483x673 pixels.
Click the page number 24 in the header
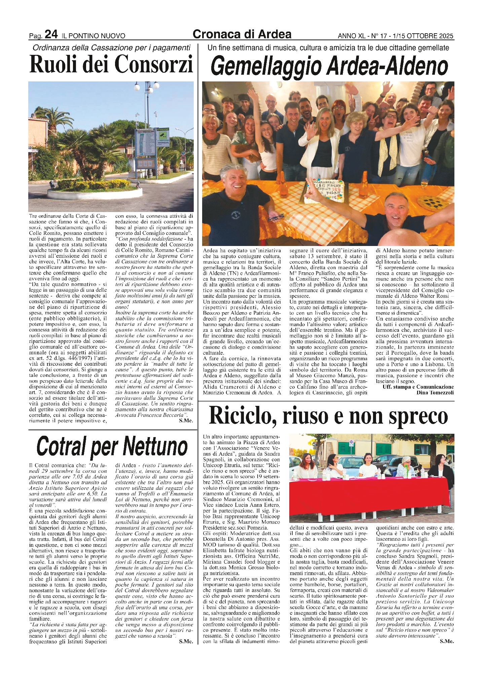coord(51,34)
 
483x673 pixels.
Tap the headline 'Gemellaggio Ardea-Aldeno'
coord(330,66)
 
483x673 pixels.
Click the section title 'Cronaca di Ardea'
coord(242,34)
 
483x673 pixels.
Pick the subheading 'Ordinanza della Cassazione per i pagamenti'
coord(111,48)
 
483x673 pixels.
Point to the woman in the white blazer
coord(319,145)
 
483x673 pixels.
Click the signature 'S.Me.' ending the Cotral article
coord(186,641)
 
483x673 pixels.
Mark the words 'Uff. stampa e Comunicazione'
coord(418,387)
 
